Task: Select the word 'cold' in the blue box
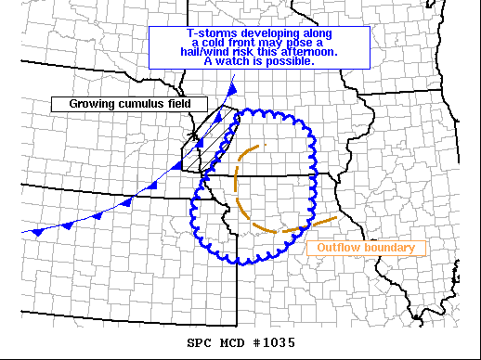[x=218, y=42]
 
